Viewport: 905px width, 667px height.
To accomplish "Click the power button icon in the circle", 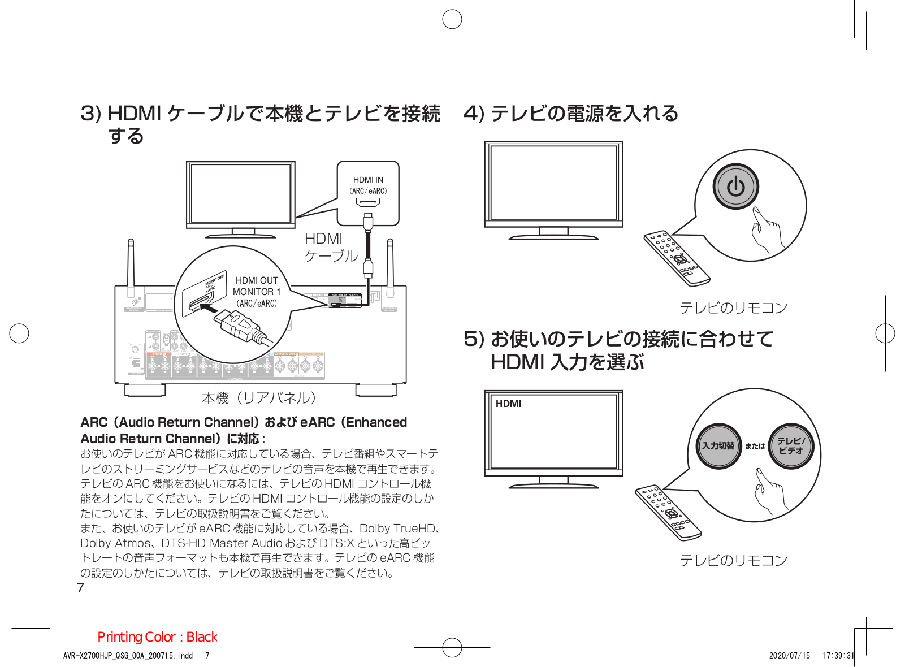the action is pos(735,186).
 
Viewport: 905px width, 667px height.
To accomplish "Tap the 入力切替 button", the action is pos(718,445).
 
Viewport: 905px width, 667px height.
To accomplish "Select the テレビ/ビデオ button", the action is pos(791,445).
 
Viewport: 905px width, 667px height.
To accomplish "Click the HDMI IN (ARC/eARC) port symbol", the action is pos(368,202).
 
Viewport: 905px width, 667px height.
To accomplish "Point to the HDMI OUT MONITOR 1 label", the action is pos(257,286).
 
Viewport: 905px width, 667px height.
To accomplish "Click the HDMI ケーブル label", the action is pos(331,248).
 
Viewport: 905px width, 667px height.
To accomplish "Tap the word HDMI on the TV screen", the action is pos(508,404).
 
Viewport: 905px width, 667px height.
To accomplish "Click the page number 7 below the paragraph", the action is pos(80,588).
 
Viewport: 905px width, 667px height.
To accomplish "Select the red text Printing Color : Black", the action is pos(157,637).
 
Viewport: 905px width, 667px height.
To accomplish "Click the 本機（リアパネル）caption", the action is pos(258,398).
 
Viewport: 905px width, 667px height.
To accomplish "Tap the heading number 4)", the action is pos(474,113).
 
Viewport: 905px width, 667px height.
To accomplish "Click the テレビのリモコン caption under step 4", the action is pos(733,308).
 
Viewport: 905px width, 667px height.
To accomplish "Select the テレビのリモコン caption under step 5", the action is pos(733,560).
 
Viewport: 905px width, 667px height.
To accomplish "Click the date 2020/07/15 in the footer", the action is pos(789,656).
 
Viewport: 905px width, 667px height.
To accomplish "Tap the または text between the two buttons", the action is pos(755,446).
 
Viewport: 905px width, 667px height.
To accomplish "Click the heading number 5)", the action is pos(474,339).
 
